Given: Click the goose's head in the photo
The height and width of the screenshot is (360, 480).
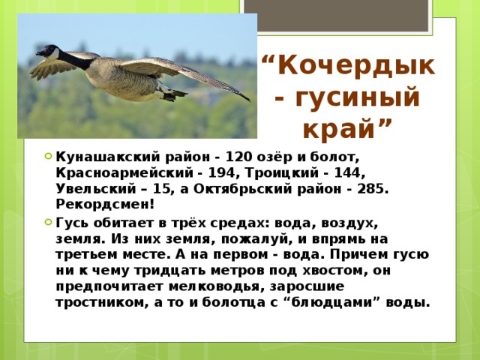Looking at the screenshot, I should point(48,52).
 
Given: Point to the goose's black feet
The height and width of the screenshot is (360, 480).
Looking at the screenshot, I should point(175,94).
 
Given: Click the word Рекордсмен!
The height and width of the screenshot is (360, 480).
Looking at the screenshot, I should point(105,204).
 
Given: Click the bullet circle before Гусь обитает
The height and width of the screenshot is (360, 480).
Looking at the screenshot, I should point(47,223).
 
